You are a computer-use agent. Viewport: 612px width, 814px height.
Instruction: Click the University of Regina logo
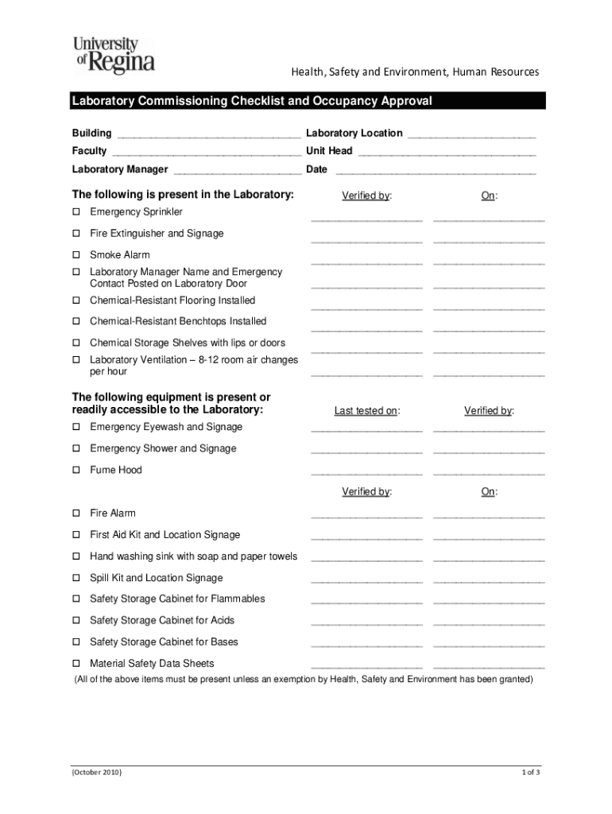coord(114,55)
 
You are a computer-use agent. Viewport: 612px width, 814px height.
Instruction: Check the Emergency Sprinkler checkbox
coord(76,212)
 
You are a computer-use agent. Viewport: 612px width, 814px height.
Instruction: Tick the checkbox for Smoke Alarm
coord(76,255)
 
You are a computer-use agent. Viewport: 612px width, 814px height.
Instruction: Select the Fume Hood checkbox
coord(76,470)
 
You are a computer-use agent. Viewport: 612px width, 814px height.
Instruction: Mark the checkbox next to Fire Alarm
coord(76,514)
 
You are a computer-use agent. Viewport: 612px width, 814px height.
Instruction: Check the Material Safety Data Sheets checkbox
coord(76,663)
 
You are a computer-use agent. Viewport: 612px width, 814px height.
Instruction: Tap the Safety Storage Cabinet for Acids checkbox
coord(76,621)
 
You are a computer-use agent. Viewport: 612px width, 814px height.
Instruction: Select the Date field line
coord(436,171)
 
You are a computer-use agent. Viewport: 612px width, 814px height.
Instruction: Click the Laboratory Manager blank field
coord(237,171)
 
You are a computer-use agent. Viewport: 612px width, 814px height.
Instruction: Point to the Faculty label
coord(89,151)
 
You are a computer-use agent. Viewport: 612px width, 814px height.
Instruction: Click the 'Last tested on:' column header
coord(366,411)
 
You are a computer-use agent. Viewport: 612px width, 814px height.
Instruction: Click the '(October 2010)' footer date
coord(96,772)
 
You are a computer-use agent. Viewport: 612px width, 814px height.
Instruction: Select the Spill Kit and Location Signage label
coord(156,578)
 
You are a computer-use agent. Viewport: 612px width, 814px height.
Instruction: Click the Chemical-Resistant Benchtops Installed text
coord(178,321)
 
